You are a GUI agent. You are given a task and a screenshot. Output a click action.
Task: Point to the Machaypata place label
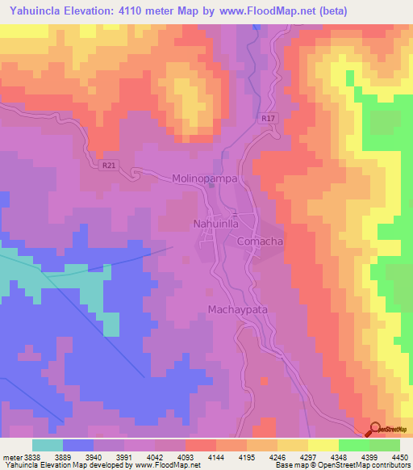pos(237,309)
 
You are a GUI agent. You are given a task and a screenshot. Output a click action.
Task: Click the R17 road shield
pos(269,119)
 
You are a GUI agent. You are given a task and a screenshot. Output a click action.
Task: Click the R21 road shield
pos(109,166)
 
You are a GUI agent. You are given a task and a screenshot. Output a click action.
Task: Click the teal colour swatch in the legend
pos(48,445)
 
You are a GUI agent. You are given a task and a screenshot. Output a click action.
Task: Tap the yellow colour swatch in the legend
pos(323,445)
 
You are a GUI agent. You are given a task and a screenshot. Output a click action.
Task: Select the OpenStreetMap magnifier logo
pos(376,430)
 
